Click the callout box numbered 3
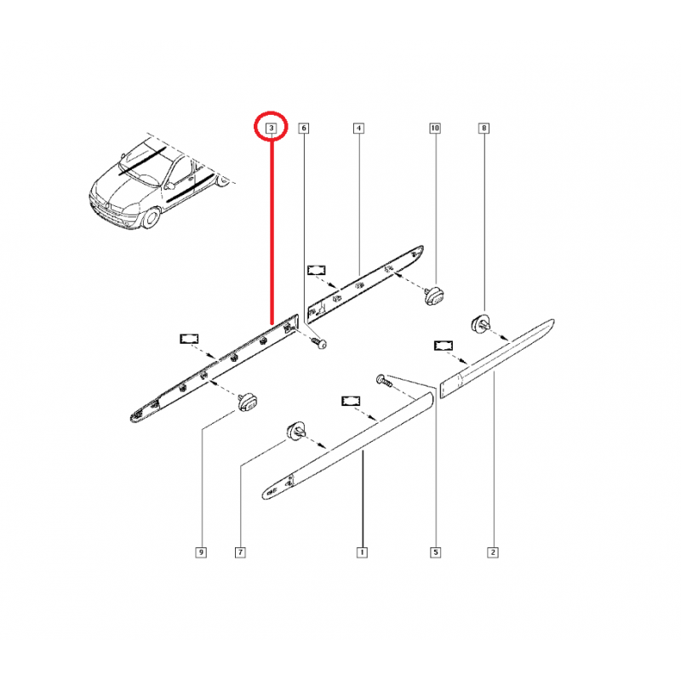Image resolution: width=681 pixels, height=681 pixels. point(272,129)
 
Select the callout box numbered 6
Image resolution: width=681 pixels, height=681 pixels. point(304,129)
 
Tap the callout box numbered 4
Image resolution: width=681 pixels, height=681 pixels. point(358,129)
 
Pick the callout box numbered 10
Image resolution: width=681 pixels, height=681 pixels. point(435,129)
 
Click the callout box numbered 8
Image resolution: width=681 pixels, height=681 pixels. point(484,129)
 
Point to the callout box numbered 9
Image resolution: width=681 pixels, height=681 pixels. point(201,552)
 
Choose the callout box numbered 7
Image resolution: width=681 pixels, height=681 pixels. point(240,552)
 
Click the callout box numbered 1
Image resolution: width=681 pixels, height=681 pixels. point(362,552)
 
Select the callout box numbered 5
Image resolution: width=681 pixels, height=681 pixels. point(435,552)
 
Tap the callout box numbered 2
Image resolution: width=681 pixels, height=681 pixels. point(493,552)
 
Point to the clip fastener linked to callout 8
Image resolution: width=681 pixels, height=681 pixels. point(480,323)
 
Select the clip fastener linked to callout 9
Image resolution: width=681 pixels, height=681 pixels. point(249,399)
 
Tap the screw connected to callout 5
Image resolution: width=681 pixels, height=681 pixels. point(382,380)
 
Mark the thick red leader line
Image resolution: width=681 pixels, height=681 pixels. point(272,230)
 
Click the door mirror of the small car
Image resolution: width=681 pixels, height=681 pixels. point(171,184)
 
